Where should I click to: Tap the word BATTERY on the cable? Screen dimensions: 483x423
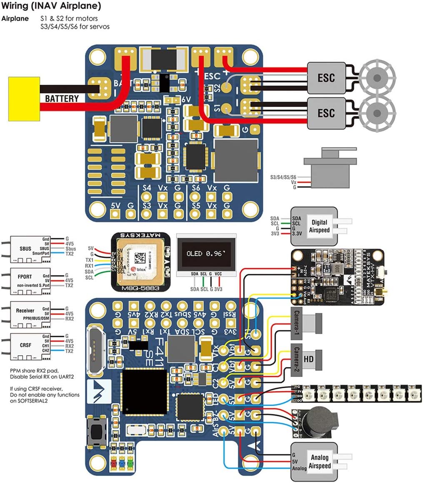62,99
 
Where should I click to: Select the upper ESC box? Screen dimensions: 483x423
326,77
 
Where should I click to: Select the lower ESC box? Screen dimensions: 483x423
326,113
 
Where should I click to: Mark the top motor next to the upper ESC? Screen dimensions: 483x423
378,77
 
